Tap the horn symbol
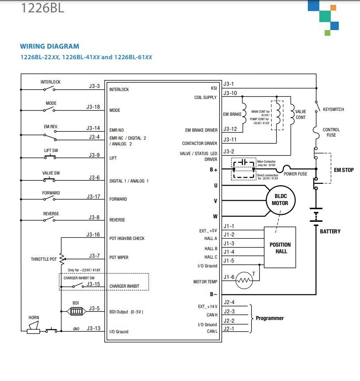pos(33,328)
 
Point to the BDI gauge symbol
pos(77,311)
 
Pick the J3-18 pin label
pos(93,107)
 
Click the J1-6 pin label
pos(229,277)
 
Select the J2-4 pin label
pos(229,302)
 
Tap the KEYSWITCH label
pos(333,109)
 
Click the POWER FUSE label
pos(295,174)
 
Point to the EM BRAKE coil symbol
pos(244,114)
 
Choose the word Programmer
pos(270,318)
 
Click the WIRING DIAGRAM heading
pos(50,46)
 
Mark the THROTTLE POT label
pos(44,259)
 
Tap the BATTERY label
pos(330,231)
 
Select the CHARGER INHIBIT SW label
pos(79,278)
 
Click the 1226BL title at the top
pos(42,8)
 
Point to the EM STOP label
pos(344,170)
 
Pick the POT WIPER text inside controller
pos(119,257)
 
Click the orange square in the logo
pos(333,8)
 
